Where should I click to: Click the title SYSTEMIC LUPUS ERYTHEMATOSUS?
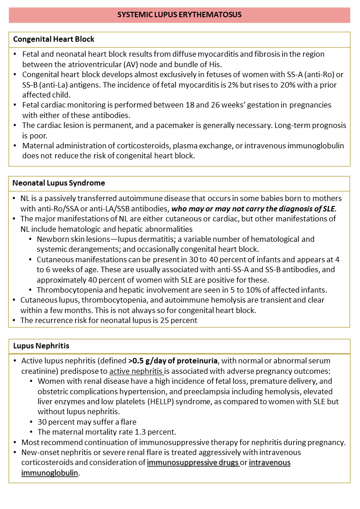[180, 15]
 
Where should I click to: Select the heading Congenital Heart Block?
[54, 39]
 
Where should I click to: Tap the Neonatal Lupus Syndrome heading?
[59, 183]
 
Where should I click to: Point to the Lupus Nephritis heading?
[41, 346]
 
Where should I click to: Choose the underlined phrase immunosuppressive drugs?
[193, 463]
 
